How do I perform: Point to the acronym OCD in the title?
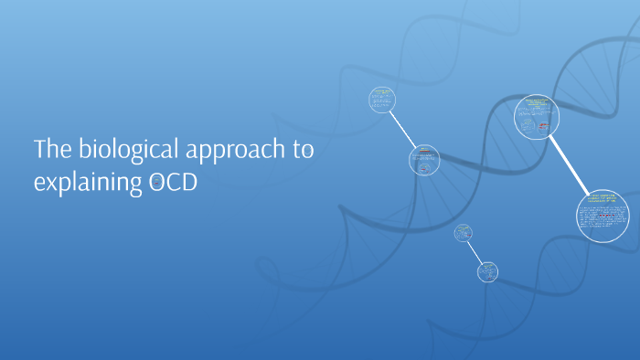(171, 182)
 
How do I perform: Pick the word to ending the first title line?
(303, 151)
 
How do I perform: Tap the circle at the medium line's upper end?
(382, 99)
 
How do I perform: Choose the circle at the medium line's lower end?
(423, 161)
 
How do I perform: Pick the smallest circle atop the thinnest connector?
(463, 233)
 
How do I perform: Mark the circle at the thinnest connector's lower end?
(488, 270)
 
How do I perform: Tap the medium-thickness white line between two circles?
(402, 129)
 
